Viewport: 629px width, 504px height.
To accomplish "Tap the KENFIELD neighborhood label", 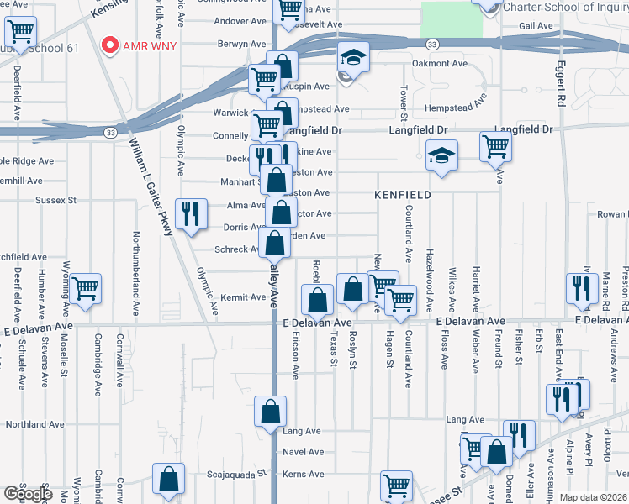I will [x=403, y=195].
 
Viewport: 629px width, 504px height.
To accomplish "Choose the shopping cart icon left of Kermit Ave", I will [x=86, y=288].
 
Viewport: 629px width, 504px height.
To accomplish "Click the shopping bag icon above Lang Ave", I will [x=270, y=412].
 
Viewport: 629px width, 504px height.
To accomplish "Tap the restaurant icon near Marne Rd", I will [x=581, y=288].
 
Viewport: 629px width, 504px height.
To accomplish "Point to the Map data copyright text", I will [x=593, y=497].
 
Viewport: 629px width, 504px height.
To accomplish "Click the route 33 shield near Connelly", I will [x=110, y=132].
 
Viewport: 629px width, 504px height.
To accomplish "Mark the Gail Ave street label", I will [x=536, y=26].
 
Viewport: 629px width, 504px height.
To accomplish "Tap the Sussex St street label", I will [x=55, y=201].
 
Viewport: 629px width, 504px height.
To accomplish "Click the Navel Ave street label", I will [x=304, y=452].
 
